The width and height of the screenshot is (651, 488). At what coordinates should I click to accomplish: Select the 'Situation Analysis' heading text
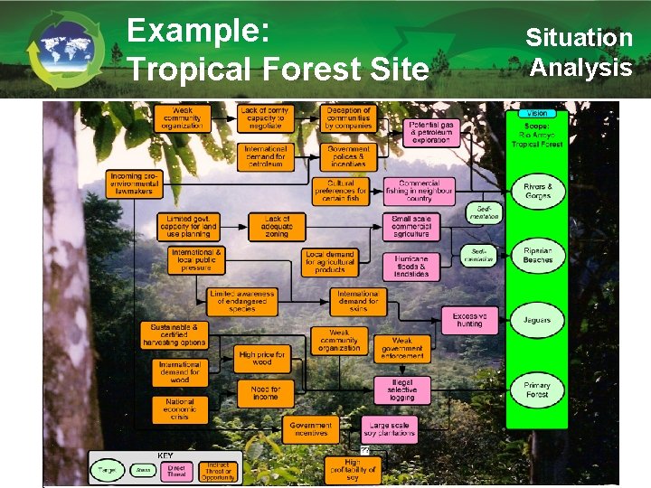click(580, 52)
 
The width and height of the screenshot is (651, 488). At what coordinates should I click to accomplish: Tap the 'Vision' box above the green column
click(537, 113)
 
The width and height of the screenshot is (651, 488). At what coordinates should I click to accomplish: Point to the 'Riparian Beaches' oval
click(537, 255)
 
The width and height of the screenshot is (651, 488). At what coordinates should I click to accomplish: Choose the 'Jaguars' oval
click(537, 319)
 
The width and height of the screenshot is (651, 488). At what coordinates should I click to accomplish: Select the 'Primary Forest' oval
click(537, 389)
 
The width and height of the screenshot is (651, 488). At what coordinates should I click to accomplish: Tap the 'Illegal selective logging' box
click(401, 389)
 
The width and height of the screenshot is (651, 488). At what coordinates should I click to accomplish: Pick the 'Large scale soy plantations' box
click(390, 429)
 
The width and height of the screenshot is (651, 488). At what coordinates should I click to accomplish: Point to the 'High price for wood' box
click(261, 359)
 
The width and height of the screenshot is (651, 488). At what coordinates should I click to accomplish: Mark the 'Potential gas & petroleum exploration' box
click(429, 132)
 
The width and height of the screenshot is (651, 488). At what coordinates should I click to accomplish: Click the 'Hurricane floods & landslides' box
click(411, 265)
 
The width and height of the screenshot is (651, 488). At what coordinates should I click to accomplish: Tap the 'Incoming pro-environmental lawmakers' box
click(135, 184)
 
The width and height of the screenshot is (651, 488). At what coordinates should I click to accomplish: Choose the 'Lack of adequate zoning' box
click(278, 226)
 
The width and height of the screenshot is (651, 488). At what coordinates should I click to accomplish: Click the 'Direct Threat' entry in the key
click(176, 470)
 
